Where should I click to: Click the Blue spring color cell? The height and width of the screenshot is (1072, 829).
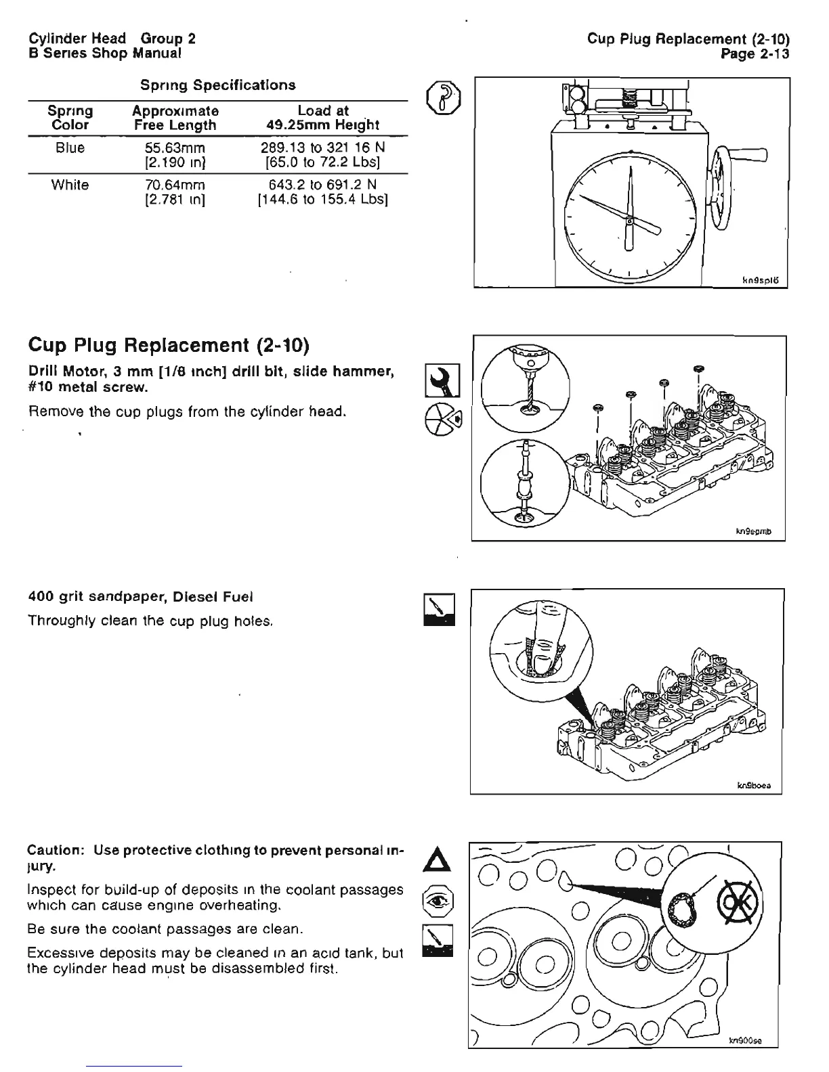(70, 148)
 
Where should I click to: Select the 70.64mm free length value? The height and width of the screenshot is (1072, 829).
(175, 185)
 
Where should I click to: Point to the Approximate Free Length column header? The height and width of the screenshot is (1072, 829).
(175, 118)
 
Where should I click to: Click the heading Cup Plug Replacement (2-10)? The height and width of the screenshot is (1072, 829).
(169, 346)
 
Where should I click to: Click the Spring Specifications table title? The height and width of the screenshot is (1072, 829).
(217, 85)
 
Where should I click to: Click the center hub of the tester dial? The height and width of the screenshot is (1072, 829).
(629, 221)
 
